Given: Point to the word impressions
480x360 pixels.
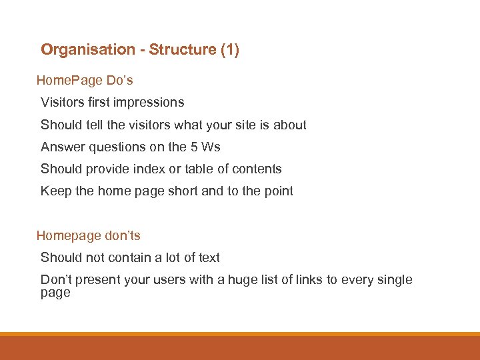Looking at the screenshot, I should coord(149,103).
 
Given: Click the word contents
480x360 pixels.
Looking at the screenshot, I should coord(256,169).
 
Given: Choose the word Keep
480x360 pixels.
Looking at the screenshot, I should coord(53,191).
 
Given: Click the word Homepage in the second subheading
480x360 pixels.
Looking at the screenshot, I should coord(69,236).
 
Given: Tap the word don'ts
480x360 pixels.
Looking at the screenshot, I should coord(123,236).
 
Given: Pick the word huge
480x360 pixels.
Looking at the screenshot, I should coord(242,280).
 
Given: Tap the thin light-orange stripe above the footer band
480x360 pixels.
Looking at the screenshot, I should coord(240,334).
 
